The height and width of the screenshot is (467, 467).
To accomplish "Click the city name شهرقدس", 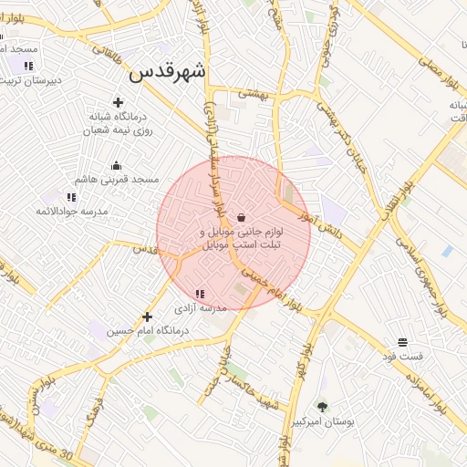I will (x=168, y=71).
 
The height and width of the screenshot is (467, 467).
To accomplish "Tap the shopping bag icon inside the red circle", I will (x=241, y=217).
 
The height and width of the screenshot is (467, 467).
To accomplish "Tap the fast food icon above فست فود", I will (x=402, y=342).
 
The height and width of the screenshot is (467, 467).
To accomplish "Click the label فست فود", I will (x=402, y=357).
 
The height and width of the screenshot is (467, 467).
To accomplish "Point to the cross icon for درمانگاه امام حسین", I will (x=147, y=317).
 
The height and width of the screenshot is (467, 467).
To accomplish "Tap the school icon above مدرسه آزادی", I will (x=201, y=294).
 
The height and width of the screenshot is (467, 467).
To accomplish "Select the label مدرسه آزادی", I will (x=201, y=309).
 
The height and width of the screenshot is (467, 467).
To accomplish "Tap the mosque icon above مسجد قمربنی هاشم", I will (x=117, y=165).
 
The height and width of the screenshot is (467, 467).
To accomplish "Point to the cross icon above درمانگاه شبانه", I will (x=117, y=102).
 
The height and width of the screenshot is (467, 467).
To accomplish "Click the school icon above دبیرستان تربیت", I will (x=28, y=65).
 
